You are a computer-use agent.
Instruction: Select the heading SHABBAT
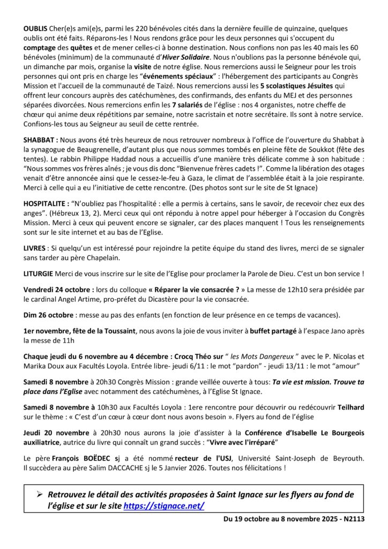(41, 139)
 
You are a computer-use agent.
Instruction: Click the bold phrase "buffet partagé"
(274, 331)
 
